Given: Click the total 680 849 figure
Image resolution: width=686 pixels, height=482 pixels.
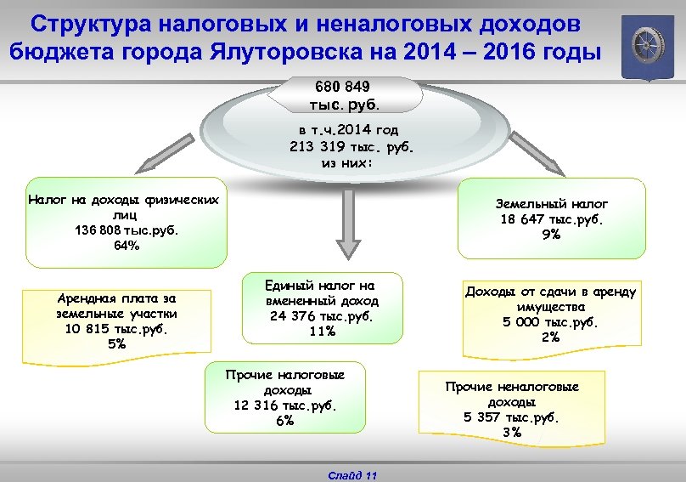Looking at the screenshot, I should (341, 87).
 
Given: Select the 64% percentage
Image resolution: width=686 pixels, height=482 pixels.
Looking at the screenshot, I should (127, 246).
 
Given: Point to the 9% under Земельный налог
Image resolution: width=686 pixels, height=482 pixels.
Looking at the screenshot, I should (552, 235).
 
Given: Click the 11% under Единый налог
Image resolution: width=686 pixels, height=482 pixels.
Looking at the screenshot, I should (322, 332).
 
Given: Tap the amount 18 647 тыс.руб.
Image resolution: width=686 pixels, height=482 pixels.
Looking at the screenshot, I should (552, 219).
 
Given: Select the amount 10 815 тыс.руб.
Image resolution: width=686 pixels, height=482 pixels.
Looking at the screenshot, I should (116, 329).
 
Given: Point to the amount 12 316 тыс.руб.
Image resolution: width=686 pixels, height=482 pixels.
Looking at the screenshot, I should (285, 405).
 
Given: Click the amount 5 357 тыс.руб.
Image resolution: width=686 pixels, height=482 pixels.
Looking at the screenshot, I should (512, 417).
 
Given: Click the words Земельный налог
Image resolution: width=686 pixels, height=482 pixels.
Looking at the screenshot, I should (552, 204).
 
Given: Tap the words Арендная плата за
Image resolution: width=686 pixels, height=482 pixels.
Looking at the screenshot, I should (116, 298).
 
